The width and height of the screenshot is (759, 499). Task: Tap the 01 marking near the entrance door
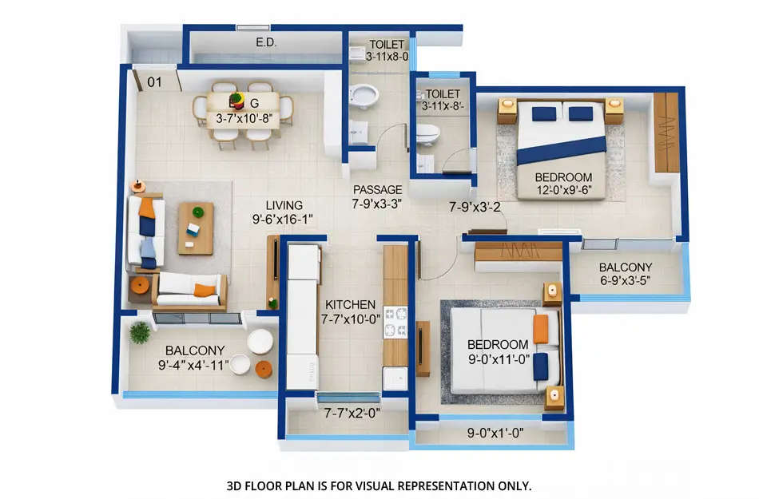(154, 81)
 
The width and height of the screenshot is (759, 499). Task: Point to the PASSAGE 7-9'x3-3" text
(378, 196)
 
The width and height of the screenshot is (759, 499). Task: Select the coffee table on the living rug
(196, 228)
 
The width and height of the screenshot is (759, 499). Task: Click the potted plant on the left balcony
(140, 332)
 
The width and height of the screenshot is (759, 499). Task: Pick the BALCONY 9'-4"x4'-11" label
(195, 358)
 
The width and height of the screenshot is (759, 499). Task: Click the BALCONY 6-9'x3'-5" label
(626, 274)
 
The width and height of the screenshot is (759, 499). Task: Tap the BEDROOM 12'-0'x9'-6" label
(563, 184)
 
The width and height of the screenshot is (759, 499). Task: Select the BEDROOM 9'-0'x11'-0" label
(499, 351)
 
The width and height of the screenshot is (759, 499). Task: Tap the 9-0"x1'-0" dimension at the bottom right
(494, 436)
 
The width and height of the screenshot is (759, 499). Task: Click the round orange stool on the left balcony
(263, 369)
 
